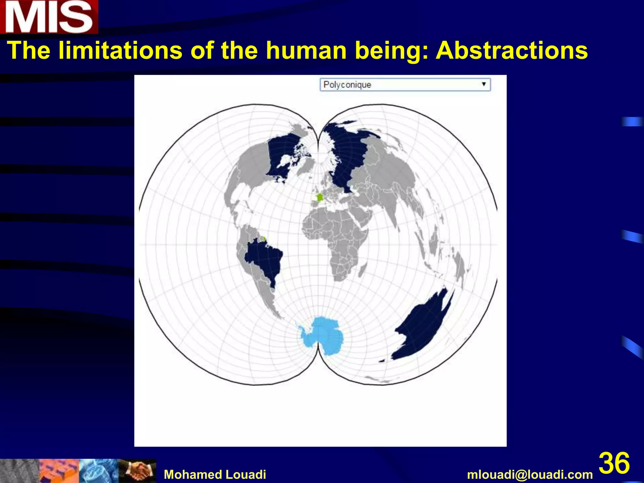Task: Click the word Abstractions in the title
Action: [x=512, y=50]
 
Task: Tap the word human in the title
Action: [x=306, y=50]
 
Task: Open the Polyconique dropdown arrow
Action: [x=484, y=84]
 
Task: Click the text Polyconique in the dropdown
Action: [x=347, y=85]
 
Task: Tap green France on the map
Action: [x=319, y=197]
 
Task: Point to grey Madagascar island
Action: [x=363, y=270]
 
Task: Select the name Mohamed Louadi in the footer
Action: [x=215, y=474]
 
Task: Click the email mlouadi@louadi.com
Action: [x=530, y=474]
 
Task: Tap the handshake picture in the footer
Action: [x=137, y=471]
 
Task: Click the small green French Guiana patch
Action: [x=264, y=239]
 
